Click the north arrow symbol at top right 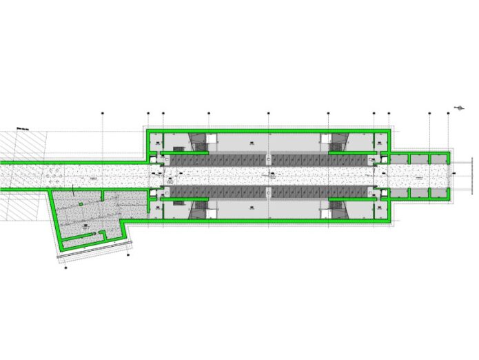pyautogui.click(x=459, y=107)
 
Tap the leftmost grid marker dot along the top pyautogui.click(x=101, y=112)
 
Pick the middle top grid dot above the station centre pyautogui.click(x=269, y=112)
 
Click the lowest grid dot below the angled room pyautogui.click(x=65, y=268)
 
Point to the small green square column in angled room pyautogui.click(x=81, y=204)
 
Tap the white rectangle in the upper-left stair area pyautogui.click(x=179, y=147)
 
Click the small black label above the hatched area pyautogui.click(x=21, y=128)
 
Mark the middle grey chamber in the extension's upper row pyautogui.click(x=419, y=159)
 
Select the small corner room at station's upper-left pyautogui.click(x=156, y=141)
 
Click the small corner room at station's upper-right pyautogui.click(x=380, y=141)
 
